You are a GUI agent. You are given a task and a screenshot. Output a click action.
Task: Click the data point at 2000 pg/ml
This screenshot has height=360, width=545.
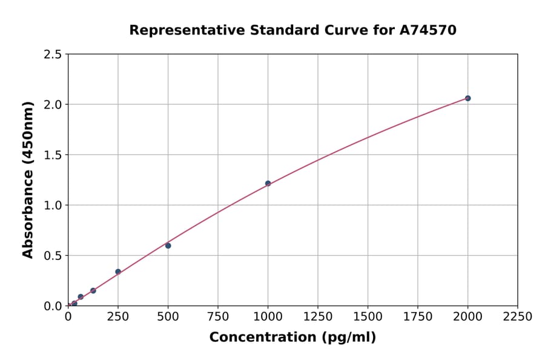pyautogui.click(x=467, y=98)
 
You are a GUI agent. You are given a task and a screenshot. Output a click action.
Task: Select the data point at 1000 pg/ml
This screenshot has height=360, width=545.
pyautogui.click(x=268, y=184)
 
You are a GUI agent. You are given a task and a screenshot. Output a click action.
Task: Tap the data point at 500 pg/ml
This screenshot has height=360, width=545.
pyautogui.click(x=168, y=245)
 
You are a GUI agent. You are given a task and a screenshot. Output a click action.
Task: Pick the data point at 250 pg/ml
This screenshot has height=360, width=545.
pyautogui.click(x=118, y=272)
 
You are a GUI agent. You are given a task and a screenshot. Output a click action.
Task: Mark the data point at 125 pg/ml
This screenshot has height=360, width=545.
pyautogui.click(x=93, y=290)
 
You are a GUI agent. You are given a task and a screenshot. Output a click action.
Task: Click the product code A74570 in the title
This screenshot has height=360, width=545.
pyautogui.click(x=428, y=30)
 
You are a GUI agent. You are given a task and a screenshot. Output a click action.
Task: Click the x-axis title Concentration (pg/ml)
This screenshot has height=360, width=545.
pyautogui.click(x=292, y=338)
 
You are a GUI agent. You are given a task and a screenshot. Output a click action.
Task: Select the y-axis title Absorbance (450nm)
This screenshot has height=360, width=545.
pyautogui.click(x=28, y=180)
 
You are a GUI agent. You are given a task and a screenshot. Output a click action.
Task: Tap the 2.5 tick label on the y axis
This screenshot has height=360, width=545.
pyautogui.click(x=53, y=55)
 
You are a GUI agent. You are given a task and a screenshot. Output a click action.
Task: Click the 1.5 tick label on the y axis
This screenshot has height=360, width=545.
pyautogui.click(x=53, y=155)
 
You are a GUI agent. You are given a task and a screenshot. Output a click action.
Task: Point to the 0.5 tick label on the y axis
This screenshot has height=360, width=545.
pyautogui.click(x=53, y=256)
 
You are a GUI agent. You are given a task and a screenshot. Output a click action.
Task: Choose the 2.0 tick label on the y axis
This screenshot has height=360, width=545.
pyautogui.click(x=53, y=105)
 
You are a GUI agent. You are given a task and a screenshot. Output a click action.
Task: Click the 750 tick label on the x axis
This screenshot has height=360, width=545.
pyautogui.click(x=218, y=317)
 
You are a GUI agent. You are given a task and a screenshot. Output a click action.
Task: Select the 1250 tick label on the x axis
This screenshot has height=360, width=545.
pyautogui.click(x=318, y=317)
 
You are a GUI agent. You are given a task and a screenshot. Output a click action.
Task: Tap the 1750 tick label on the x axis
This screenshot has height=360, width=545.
pyautogui.click(x=418, y=317)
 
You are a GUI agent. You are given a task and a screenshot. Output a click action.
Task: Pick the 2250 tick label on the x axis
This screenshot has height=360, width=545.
pyautogui.click(x=518, y=317)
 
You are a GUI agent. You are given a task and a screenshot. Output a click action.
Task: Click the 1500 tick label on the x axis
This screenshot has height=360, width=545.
pyautogui.click(x=368, y=317)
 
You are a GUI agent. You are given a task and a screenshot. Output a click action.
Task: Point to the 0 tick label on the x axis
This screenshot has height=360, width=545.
pyautogui.click(x=68, y=317)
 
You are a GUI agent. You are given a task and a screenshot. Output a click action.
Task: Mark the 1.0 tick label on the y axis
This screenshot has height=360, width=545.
pyautogui.click(x=53, y=205)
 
